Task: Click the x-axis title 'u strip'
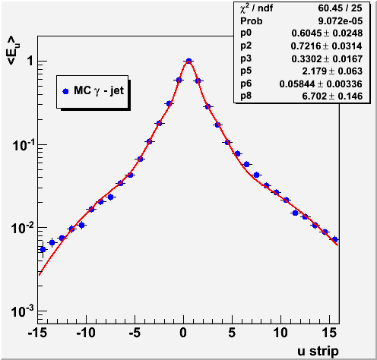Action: point(318,351)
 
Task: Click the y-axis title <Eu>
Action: point(14,50)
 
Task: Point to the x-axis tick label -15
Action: point(38,333)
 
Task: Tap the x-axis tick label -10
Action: point(86,333)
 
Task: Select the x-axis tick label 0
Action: point(183,333)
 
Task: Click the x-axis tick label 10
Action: point(280,333)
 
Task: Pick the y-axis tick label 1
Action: point(30,61)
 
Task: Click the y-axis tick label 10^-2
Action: point(23,228)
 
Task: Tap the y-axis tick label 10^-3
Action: point(23,311)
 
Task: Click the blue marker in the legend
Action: point(65,91)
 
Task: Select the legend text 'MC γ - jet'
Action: point(99,91)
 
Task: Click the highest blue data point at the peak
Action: point(188,61)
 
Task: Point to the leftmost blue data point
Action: point(43,249)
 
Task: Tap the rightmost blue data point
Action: point(334,239)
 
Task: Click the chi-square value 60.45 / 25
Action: point(340,8)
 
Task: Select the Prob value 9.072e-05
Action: point(341,21)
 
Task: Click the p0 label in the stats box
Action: point(246,33)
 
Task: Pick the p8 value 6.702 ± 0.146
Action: point(332,96)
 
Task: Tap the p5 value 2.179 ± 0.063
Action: point(332,71)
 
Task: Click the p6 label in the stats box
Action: point(246,84)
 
